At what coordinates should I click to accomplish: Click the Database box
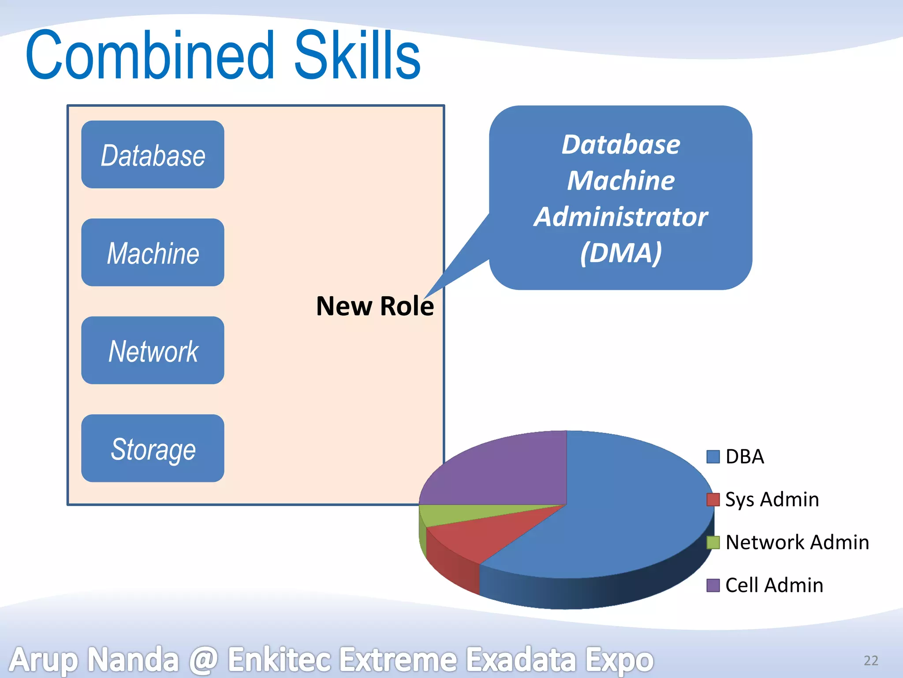pos(153,155)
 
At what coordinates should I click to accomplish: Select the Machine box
pos(153,252)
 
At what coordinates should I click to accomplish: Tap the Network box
pos(153,350)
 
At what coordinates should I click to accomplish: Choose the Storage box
pos(153,448)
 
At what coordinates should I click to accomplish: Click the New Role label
pos(375,306)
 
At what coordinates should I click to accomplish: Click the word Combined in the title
pos(150,55)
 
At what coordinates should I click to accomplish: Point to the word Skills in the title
pos(357,55)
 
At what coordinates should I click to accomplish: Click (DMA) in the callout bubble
pos(621,253)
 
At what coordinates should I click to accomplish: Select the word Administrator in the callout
pos(621,217)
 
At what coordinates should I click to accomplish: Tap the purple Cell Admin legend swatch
pos(713,585)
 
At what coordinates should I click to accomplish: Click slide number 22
pos(871,660)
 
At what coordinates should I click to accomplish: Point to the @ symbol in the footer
pos(203,660)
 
